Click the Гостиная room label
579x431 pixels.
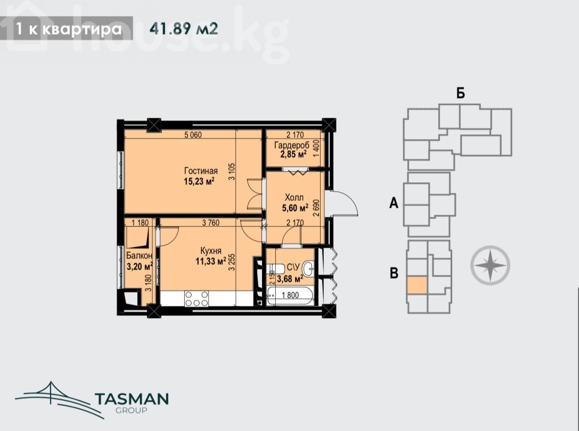coord(201,171)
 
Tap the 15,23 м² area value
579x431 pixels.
coord(199,181)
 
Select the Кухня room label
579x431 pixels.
coord(209,251)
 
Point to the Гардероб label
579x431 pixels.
coord(292,145)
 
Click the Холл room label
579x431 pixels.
coord(295,198)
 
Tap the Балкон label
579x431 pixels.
coord(139,256)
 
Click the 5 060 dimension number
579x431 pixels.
coord(193,135)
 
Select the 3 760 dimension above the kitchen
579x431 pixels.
coord(211,223)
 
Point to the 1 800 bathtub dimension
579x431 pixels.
coord(290,295)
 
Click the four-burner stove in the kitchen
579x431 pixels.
coord(197,298)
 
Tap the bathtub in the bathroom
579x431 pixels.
coord(290,296)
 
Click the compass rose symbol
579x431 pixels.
coord(490,265)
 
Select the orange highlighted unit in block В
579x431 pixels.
coord(417,285)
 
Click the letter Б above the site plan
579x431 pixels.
coord(460,93)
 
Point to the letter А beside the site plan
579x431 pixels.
coord(394,203)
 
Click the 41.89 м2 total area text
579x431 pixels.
coord(184,28)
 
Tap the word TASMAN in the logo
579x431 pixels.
coord(132,399)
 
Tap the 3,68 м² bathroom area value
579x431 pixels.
coord(290,279)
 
